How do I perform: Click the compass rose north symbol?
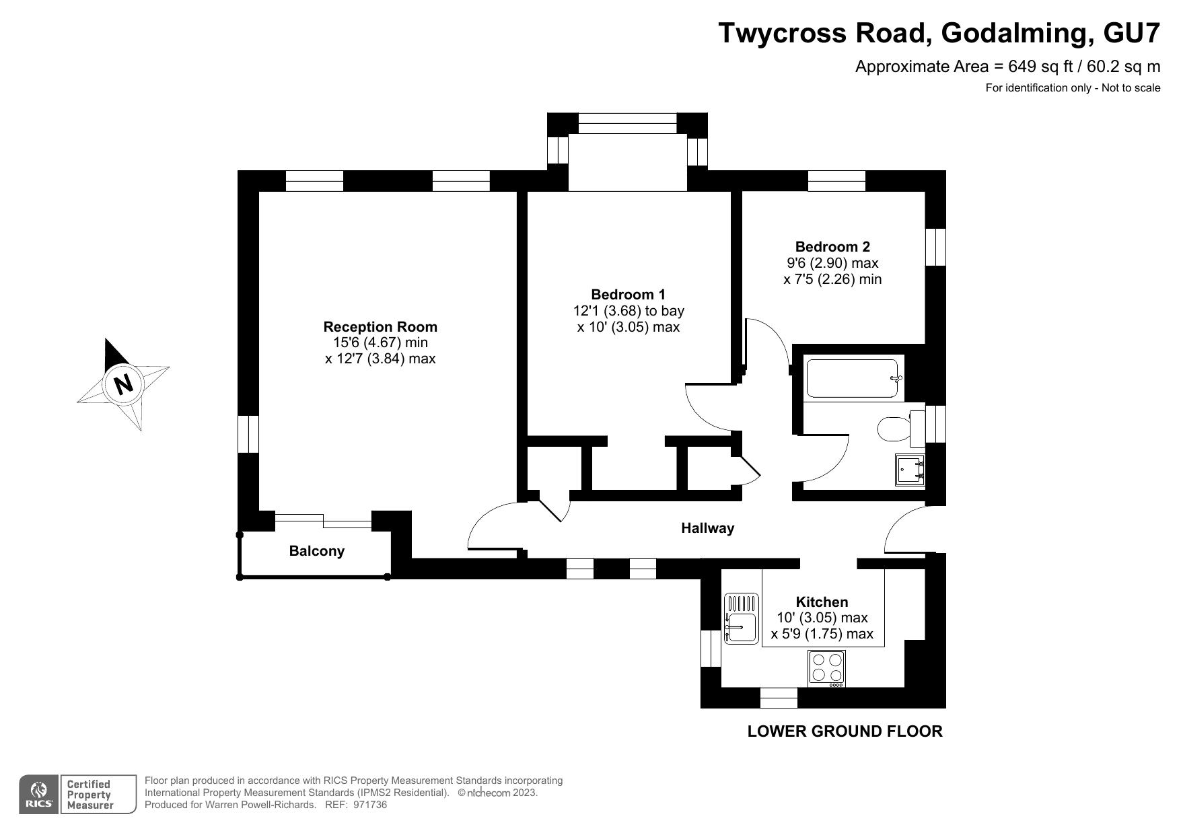[x=123, y=384]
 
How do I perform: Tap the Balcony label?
[x=317, y=551]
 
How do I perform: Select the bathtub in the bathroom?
[x=853, y=379]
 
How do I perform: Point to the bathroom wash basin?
[x=910, y=470]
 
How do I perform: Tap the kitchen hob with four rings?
[x=827, y=668]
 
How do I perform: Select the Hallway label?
[x=707, y=528]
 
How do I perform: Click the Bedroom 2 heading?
[x=832, y=247]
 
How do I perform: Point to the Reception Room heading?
[x=380, y=327]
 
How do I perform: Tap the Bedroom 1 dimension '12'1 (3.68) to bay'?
[x=629, y=311]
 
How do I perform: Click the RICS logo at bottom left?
[x=39, y=795]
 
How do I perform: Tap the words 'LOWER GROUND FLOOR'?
[x=845, y=731]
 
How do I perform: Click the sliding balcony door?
[x=323, y=520]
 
